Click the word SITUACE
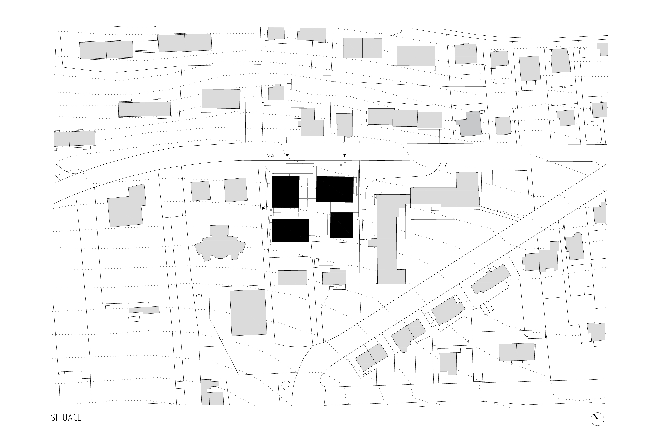pos(66,417)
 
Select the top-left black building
pos(286,192)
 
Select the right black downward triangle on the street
pos(345,155)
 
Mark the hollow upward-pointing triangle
pos(273,156)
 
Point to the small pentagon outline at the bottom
pos(286,385)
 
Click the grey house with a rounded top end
pos(575,246)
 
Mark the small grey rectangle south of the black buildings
pos(292,278)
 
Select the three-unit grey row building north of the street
pos(405,118)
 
